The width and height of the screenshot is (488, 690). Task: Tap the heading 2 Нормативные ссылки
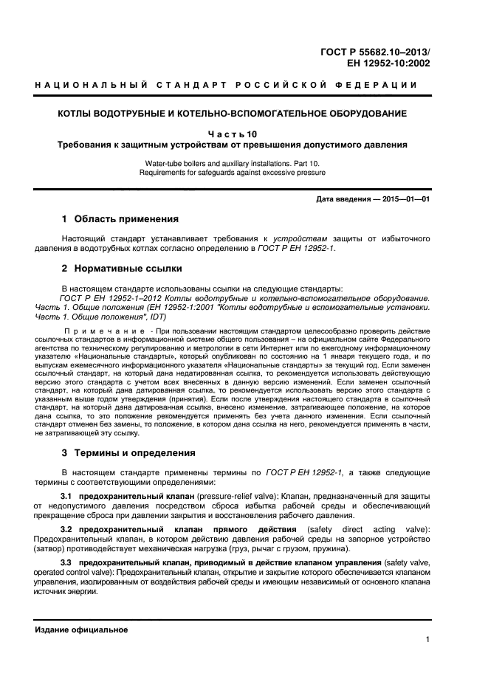pos(121,268)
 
